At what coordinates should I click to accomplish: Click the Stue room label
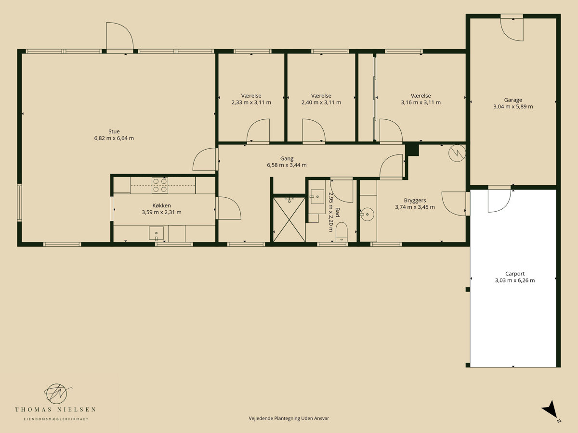[114, 131]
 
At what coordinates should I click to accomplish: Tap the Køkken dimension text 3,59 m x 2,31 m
[161, 212]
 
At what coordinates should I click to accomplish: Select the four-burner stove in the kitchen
[160, 185]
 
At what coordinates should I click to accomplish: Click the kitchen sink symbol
[156, 233]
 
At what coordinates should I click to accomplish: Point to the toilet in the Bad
[342, 232]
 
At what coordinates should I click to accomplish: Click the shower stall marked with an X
[289, 219]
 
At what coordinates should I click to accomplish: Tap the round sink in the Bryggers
[367, 214]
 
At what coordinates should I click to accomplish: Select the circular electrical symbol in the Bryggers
[457, 153]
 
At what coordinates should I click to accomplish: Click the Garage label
[513, 100]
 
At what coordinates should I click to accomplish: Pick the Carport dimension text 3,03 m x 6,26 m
[515, 280]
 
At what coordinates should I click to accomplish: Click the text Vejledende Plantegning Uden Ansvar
[289, 418]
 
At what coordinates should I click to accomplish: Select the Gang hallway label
[287, 159]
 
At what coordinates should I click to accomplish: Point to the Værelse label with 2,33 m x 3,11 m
[251, 96]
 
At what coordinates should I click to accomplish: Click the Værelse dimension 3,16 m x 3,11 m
[421, 102]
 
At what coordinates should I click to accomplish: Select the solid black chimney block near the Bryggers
[411, 150]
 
